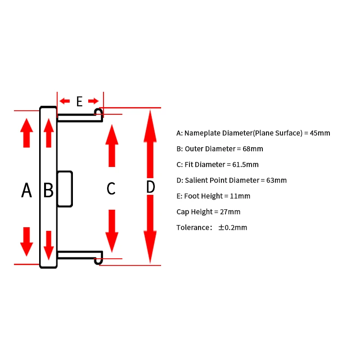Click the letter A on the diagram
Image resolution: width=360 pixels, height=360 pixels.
pyautogui.click(x=27, y=190)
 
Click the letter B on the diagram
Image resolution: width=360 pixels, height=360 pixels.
pyautogui.click(x=48, y=190)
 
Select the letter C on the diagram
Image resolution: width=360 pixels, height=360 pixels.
pyautogui.click(x=111, y=189)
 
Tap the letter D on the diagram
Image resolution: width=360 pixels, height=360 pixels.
pyautogui.click(x=151, y=187)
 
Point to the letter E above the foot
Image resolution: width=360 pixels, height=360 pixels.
pyautogui.click(x=80, y=101)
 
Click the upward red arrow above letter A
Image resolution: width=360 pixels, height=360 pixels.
pyautogui.click(x=27, y=133)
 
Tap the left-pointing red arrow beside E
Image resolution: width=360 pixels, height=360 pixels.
pyautogui.click(x=65, y=100)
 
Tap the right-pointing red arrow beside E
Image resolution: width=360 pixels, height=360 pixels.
pyautogui.click(x=94, y=100)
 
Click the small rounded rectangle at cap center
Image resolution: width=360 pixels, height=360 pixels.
pyautogui.click(x=65, y=189)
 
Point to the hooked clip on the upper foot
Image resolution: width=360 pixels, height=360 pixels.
pyautogui.click(x=98, y=112)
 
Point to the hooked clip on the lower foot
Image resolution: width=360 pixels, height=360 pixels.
pyautogui.click(x=98, y=260)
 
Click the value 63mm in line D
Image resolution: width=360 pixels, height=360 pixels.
pyautogui.click(x=277, y=180)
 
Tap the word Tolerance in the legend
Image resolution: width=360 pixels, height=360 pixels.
pyautogui.click(x=192, y=227)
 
